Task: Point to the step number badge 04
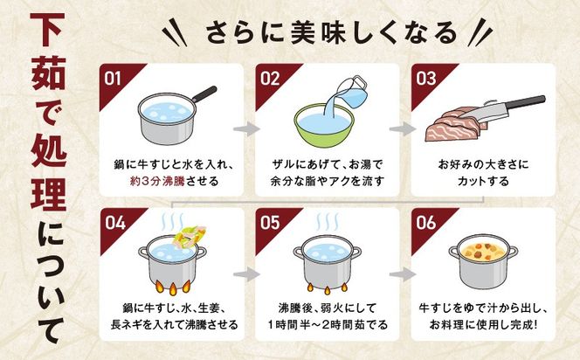pyautogui.click(x=114, y=221)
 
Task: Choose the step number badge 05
pyautogui.click(x=268, y=221)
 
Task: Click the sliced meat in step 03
pyautogui.click(x=450, y=128)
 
